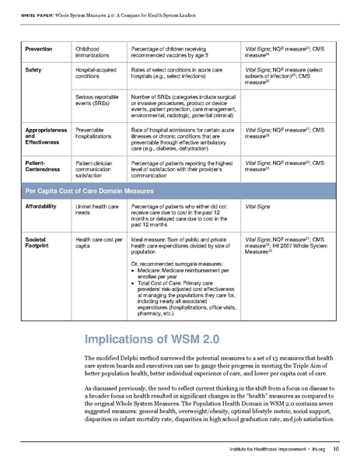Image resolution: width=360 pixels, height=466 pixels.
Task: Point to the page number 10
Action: [334, 450]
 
